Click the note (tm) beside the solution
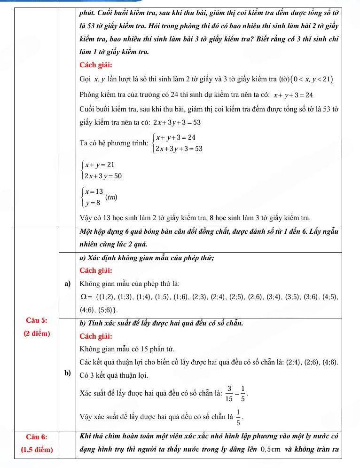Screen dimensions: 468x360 [x=111, y=197]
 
